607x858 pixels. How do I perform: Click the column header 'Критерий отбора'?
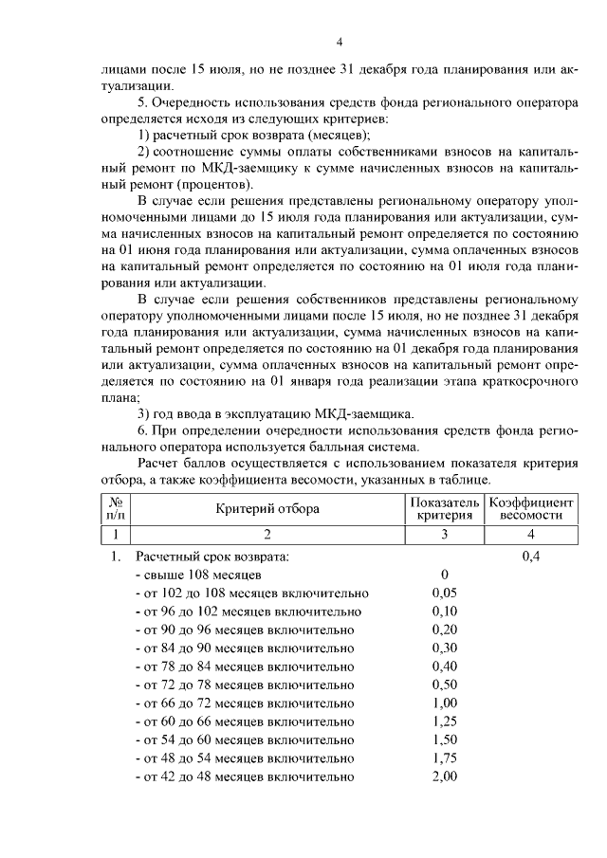pos(267,508)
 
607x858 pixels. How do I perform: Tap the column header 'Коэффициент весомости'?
pos(530,508)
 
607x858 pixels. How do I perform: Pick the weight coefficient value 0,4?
pos(530,557)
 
